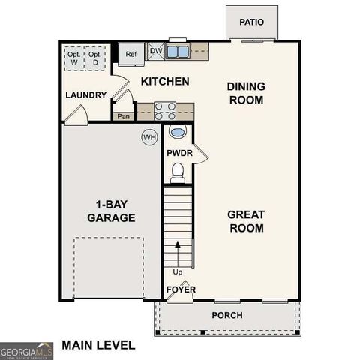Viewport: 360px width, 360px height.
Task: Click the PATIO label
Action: pos(252,22)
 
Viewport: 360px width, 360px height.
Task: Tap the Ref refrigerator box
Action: pos(131,54)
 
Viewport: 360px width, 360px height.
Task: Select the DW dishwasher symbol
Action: pos(156,51)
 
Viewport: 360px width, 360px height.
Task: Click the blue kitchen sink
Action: pos(178,52)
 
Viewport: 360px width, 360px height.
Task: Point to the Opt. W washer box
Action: pos(74,58)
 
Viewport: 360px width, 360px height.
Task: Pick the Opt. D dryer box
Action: pos(94,58)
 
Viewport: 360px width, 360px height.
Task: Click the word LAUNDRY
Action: pos(85,95)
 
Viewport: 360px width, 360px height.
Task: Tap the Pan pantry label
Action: pos(124,116)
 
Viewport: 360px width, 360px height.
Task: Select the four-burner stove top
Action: pos(165,112)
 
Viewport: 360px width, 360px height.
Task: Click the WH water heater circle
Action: pos(150,138)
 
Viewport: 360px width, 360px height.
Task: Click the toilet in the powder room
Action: pos(178,173)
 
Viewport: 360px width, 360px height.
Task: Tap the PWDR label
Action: pos(178,153)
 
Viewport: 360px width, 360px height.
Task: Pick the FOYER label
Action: pos(178,288)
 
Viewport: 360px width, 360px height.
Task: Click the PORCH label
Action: pos(226,315)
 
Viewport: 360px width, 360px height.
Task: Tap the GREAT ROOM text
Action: pos(245,221)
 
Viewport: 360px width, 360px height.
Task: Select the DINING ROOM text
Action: pos(245,93)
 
